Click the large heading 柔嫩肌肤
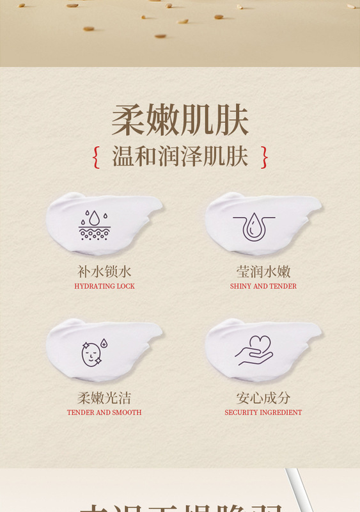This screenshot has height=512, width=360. click(180, 120)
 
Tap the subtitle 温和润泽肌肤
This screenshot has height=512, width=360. click(180, 157)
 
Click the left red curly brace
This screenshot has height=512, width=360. click(96, 157)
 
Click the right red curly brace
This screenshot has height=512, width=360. click(264, 157)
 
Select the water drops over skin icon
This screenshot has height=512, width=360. click(94, 224)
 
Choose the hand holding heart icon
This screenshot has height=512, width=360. click(254, 351)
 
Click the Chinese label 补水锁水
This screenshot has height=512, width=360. click(104, 271)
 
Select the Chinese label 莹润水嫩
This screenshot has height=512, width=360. click(263, 271)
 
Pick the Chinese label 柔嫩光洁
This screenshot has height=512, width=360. click(104, 398)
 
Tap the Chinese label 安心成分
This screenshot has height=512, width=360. click(263, 398)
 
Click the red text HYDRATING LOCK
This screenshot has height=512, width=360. click(104, 286)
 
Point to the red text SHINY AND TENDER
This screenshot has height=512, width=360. click(263, 286)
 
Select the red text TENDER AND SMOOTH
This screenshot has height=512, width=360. click(104, 413)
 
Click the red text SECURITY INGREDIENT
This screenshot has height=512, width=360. click(263, 413)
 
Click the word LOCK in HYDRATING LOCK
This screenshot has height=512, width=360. click(125, 286)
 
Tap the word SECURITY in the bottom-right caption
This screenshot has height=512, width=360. click(240, 413)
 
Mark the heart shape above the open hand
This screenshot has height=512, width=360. click(260, 344)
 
